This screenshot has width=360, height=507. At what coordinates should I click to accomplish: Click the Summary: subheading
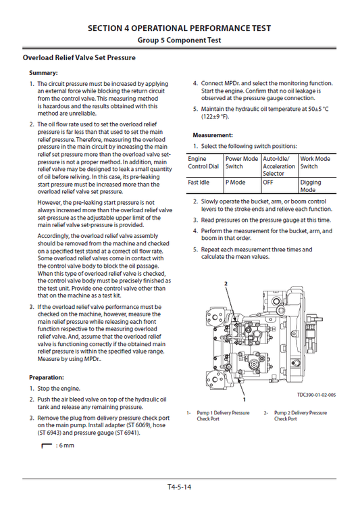pyautogui.click(x=43, y=73)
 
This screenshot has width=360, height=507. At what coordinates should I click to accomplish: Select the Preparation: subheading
pyautogui.click(x=47, y=377)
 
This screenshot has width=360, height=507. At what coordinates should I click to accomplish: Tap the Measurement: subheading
pyautogui.click(x=213, y=135)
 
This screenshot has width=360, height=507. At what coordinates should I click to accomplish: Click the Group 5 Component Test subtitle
pyautogui.click(x=180, y=41)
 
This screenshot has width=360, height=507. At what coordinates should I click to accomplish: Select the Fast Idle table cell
pyautogui.click(x=200, y=183)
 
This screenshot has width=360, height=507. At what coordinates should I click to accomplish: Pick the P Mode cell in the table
pyautogui.click(x=236, y=183)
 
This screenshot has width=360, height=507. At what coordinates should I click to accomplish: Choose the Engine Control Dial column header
pyautogui.click(x=203, y=163)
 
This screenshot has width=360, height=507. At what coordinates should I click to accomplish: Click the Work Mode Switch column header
pyautogui.click(x=315, y=163)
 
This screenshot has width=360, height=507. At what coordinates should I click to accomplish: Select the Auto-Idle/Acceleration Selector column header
pyautogui.click(x=278, y=166)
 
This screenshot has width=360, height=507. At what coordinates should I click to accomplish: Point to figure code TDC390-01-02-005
pyautogui.click(x=316, y=395)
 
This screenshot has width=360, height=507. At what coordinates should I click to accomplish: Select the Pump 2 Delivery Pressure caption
pyautogui.click(x=301, y=416)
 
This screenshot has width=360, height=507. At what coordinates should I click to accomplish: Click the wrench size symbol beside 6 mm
pyautogui.click(x=47, y=446)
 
